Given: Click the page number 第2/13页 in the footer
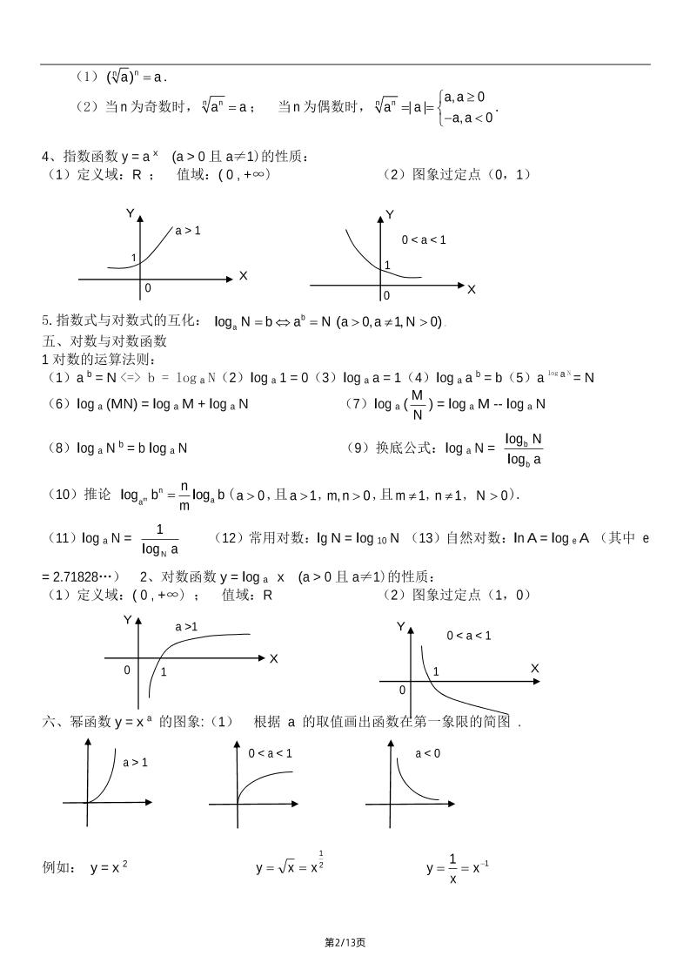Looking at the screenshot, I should tap(345, 942).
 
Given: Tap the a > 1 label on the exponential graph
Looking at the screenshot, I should tap(188, 231).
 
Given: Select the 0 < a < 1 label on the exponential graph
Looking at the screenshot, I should tap(424, 239).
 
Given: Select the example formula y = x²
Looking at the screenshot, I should tap(110, 867).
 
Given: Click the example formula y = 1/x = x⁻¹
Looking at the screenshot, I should tap(458, 868).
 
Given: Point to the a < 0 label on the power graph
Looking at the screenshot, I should tap(427, 753).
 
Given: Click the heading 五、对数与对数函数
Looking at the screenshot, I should tap(104, 340).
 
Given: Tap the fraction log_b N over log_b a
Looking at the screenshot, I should tap(524, 448).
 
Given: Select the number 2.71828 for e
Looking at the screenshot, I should tap(78, 576).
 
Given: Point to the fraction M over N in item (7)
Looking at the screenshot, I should tap(418, 403).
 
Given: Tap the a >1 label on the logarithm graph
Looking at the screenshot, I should tap(186, 626).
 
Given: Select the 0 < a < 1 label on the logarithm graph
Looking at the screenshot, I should tap(469, 636).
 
